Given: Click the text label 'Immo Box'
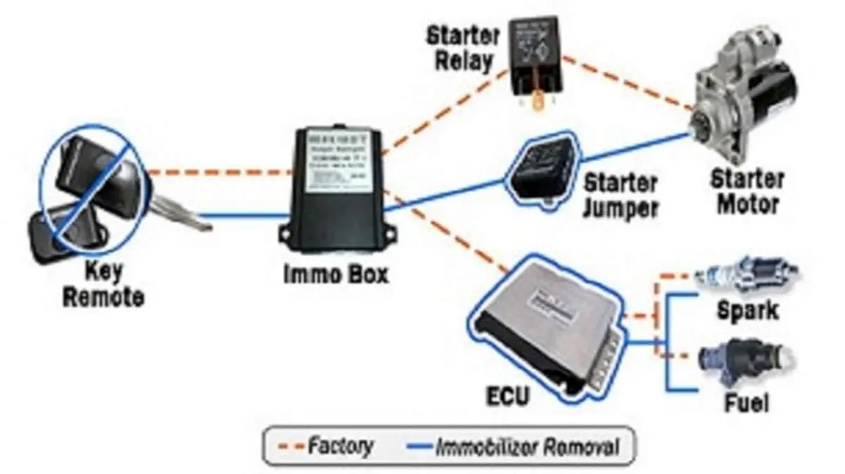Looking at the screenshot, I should point(336,274).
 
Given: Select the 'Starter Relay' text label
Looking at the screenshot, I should point(463,48).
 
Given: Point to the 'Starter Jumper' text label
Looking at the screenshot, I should point(620,196).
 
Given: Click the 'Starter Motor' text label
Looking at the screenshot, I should point(746,191).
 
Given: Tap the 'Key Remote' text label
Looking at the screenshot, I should point(104,283).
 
